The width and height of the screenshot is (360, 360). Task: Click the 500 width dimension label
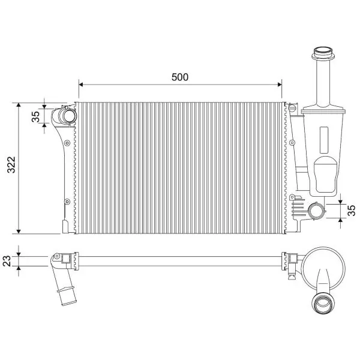[x=180, y=77]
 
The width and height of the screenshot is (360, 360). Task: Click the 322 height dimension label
[x=11, y=164]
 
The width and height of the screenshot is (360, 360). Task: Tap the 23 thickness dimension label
[x=7, y=261]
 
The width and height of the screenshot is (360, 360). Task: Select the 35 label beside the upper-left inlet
[x=35, y=116]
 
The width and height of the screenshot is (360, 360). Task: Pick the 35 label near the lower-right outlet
[x=352, y=211]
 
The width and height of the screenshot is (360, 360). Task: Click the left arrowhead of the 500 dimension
[x=80, y=85]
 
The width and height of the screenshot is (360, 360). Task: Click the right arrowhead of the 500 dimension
[x=280, y=85]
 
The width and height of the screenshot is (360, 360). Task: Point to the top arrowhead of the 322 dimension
[x=19, y=105]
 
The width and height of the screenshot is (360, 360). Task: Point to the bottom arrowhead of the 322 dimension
[x=19, y=232]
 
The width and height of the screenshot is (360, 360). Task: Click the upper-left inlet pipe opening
[x=68, y=116]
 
